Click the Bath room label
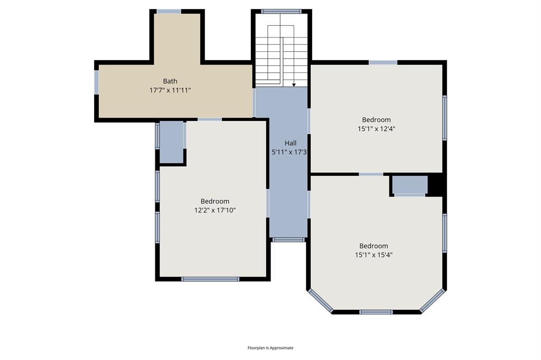[170, 81]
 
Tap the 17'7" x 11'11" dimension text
[170, 90]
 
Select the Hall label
[291, 143]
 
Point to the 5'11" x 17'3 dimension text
[290, 152]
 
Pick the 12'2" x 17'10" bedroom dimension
[215, 210]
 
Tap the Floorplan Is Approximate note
[270, 348]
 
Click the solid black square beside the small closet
[436, 185]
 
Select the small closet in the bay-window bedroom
[410, 185]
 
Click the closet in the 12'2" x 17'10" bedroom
[171, 142]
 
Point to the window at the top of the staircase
[281, 11]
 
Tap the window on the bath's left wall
[96, 82]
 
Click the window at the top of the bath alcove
[169, 11]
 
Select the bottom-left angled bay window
[321, 300]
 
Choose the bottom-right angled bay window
[432, 300]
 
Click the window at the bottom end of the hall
[288, 240]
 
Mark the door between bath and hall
[254, 102]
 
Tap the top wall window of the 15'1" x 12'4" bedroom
[383, 62]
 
